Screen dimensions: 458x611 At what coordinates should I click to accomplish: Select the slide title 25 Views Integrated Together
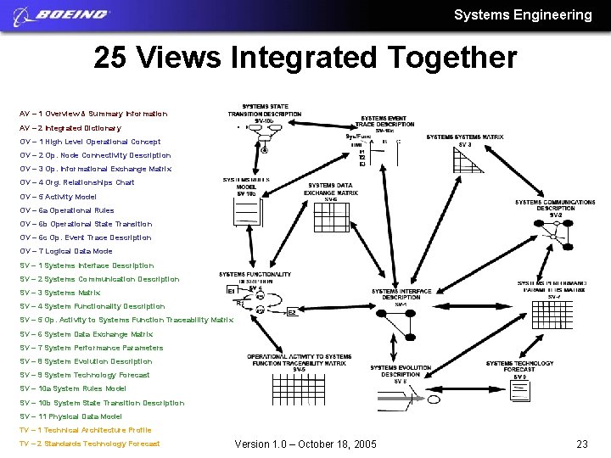click(305, 58)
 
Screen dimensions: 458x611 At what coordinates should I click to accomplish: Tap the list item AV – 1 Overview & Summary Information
click(93, 114)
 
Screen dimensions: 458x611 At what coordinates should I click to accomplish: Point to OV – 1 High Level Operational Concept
click(90, 142)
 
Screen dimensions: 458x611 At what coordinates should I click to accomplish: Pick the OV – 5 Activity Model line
click(59, 197)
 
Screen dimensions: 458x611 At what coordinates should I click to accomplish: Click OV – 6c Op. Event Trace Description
click(86, 238)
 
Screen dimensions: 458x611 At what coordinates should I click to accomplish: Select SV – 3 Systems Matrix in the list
click(60, 293)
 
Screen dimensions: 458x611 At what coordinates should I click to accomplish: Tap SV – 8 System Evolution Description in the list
click(87, 362)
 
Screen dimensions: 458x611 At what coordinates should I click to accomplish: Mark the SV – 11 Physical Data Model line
click(71, 417)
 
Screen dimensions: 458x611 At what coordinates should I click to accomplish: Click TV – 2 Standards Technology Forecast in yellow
click(90, 444)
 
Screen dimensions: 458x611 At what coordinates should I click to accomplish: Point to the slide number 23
click(582, 444)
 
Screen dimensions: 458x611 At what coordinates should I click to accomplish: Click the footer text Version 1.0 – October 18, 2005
click(305, 444)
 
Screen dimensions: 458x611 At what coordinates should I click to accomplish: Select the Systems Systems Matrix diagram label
click(464, 137)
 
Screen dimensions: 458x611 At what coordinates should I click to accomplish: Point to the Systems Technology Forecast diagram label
click(519, 366)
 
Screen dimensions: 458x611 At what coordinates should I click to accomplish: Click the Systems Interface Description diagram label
click(401, 294)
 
